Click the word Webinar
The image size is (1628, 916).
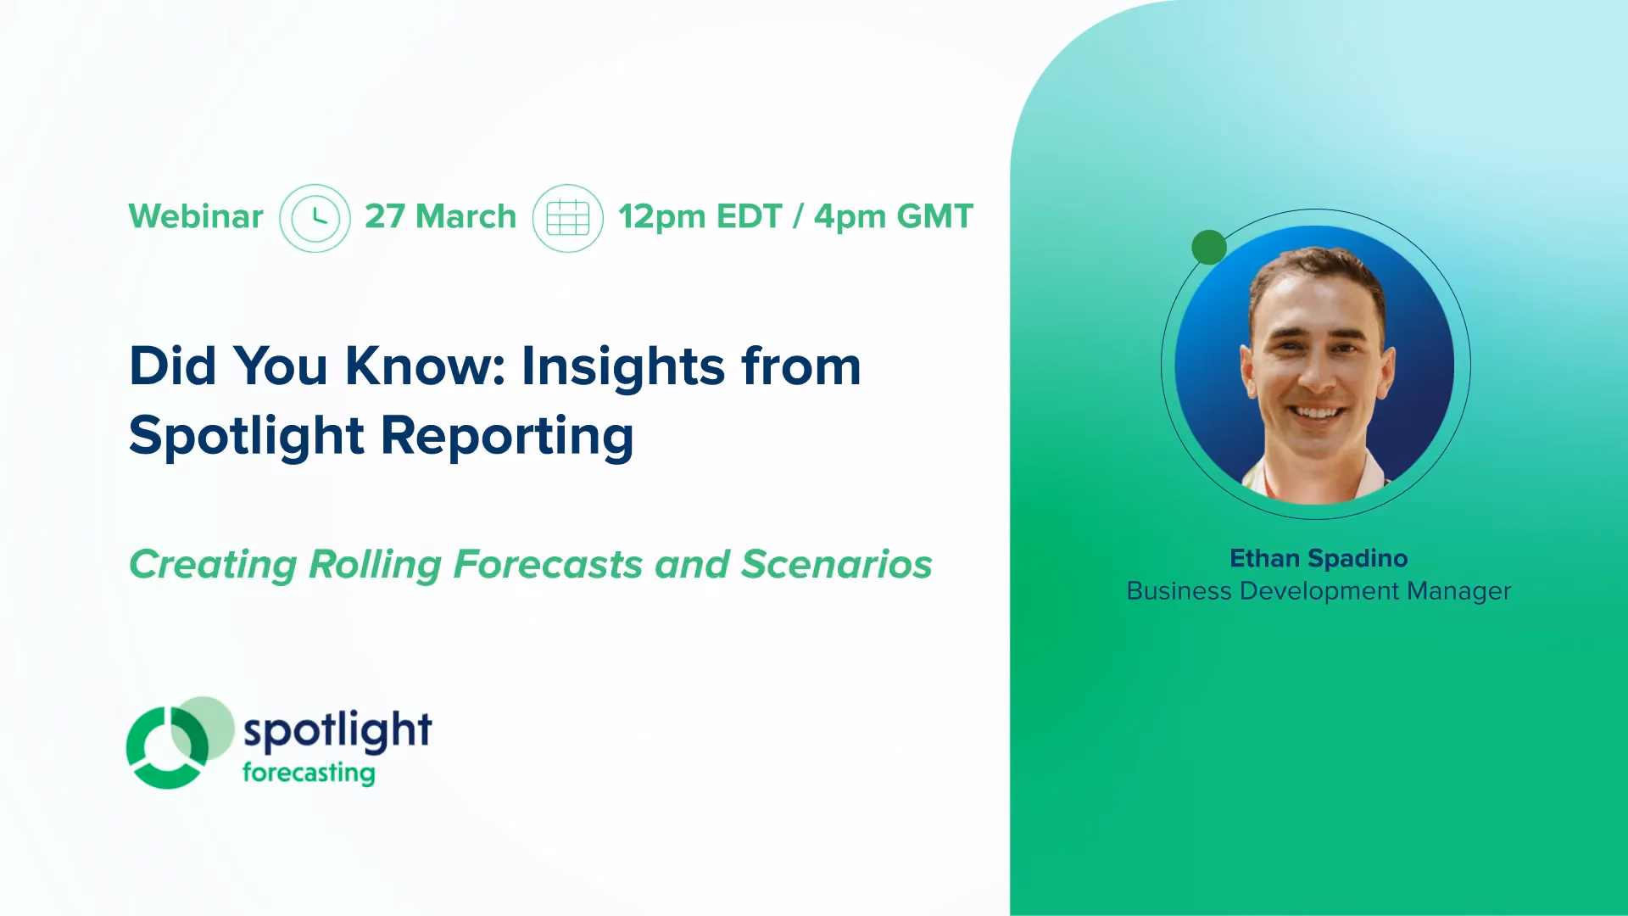click(x=196, y=216)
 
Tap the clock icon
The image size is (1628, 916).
click(x=315, y=218)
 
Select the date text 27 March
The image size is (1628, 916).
click(x=440, y=216)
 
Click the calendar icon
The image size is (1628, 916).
click(x=568, y=218)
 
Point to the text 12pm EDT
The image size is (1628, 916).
click(x=700, y=217)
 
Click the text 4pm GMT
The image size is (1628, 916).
click(x=894, y=216)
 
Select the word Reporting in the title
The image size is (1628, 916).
click(x=507, y=436)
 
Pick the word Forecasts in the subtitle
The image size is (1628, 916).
click(x=548, y=565)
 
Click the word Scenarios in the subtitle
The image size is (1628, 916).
click(x=837, y=565)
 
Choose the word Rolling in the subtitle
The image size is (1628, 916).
click(x=375, y=566)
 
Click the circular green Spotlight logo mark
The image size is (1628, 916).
click(x=179, y=744)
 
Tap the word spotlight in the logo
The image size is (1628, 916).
click(x=337, y=731)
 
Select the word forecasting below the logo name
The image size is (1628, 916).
click(x=309, y=773)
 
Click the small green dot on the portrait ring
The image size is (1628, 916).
click(x=1209, y=247)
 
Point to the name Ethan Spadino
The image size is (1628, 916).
click(x=1319, y=558)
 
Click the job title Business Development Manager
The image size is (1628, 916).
click(x=1319, y=591)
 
